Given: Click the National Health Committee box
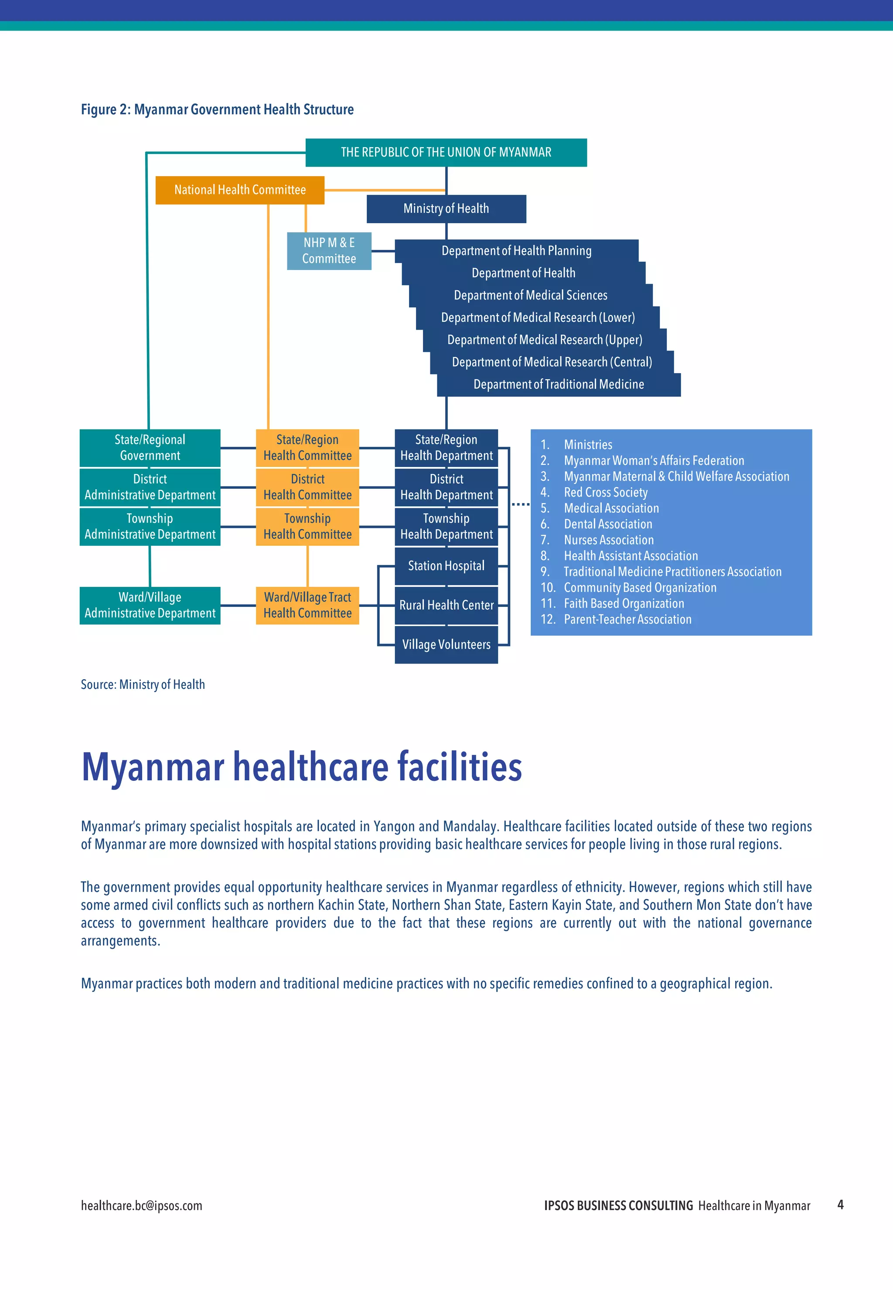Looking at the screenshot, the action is [x=239, y=190].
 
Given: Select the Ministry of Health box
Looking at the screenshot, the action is [x=446, y=209].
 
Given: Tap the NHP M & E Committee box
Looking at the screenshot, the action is [x=329, y=251].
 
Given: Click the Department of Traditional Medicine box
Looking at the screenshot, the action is [x=559, y=385].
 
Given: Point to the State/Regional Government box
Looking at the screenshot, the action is [x=150, y=448].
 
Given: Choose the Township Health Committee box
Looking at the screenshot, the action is [x=307, y=526].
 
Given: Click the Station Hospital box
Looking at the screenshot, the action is [x=446, y=566].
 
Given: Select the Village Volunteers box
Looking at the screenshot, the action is [x=446, y=644].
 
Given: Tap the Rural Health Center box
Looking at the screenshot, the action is [x=446, y=605].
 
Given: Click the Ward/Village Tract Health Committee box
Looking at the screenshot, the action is [x=307, y=605].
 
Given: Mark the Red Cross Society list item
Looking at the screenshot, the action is [x=605, y=492].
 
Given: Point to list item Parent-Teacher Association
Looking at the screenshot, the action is [x=627, y=619].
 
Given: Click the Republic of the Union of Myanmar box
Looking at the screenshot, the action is [x=446, y=152].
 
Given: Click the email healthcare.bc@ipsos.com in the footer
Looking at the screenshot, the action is [x=142, y=1205].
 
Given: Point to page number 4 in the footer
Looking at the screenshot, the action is [x=840, y=1205].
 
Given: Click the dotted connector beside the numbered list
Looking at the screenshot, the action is [x=520, y=504].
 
